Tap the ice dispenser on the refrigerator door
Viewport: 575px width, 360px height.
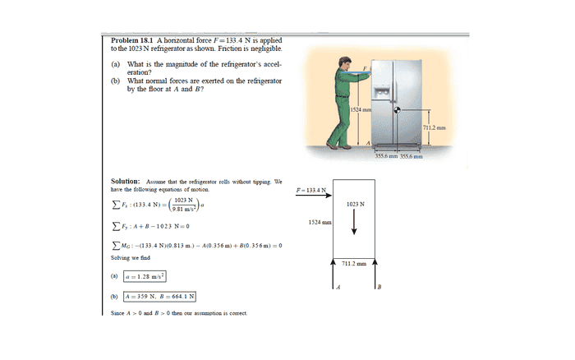point(382,91)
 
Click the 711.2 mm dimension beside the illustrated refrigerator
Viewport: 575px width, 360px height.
point(435,127)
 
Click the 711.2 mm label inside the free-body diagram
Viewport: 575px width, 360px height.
point(354,264)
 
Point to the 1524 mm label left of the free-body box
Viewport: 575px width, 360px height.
point(320,222)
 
